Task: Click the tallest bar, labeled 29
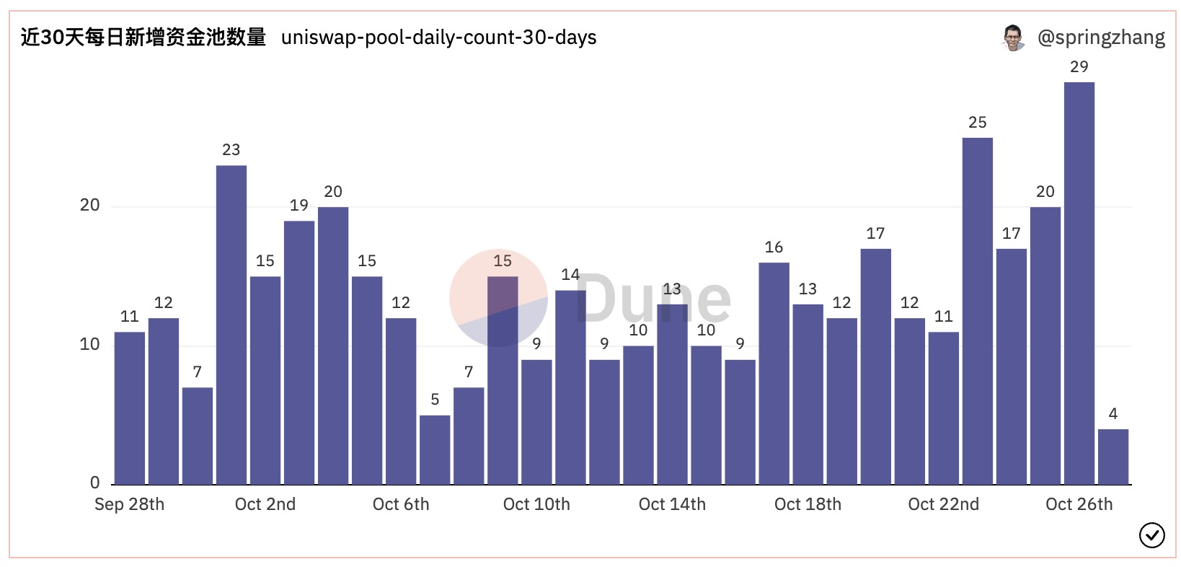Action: point(1079,283)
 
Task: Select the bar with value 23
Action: point(231,325)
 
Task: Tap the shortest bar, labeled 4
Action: point(1113,457)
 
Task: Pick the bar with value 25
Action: point(977,311)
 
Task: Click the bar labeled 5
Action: point(435,449)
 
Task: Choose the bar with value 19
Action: point(298,352)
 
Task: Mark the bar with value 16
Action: point(774,373)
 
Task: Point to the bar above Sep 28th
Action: point(129,408)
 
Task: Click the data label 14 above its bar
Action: point(570,275)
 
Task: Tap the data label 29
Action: point(1079,67)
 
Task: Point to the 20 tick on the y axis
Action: point(90,206)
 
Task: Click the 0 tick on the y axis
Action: point(94,483)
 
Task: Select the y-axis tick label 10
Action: point(90,345)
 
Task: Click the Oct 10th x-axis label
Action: point(536,504)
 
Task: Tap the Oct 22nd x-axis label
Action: point(943,504)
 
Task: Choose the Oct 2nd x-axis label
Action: point(265,504)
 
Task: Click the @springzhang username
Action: point(1100,38)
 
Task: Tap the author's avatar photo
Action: point(1013,38)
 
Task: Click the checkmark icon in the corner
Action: point(1151,535)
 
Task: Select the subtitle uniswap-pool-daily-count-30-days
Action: point(438,38)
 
